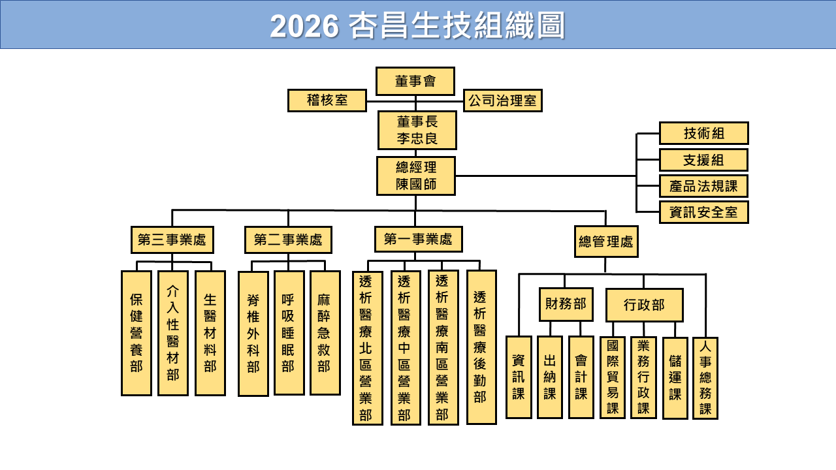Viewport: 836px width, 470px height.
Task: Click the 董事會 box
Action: [415, 81]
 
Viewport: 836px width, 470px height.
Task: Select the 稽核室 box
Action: [327, 101]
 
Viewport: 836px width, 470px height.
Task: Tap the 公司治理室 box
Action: [503, 101]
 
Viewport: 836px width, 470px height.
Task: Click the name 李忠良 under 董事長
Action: [417, 138]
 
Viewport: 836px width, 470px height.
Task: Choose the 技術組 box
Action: [703, 133]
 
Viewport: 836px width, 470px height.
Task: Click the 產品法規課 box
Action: [703, 186]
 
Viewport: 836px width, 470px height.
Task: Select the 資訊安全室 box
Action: [703, 212]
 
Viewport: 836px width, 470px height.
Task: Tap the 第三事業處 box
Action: [172, 240]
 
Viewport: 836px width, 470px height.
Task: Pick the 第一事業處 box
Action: [418, 239]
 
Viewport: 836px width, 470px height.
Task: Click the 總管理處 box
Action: [606, 242]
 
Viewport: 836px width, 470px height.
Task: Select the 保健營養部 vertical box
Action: [136, 333]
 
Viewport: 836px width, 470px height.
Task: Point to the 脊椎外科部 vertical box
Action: [253, 334]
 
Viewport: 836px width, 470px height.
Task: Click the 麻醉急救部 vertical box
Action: [325, 333]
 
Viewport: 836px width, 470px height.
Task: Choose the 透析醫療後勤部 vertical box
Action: [481, 347]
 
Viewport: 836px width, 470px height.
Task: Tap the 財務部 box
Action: [566, 304]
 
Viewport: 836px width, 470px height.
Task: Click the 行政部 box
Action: [644, 305]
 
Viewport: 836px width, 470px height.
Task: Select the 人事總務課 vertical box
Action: [705, 378]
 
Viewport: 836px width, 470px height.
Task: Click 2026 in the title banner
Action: [304, 27]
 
